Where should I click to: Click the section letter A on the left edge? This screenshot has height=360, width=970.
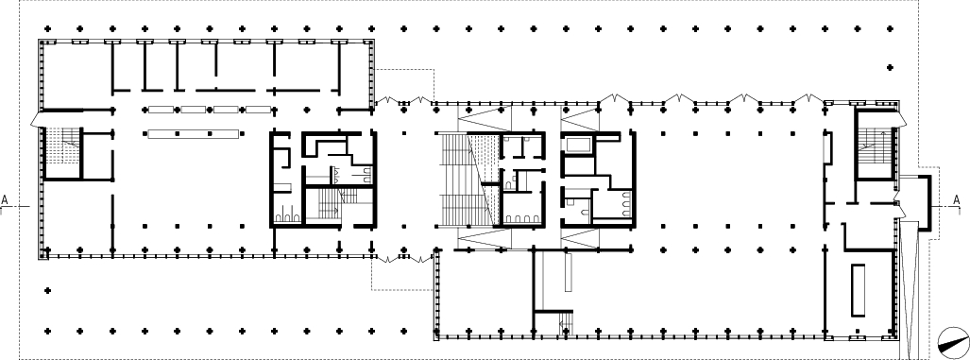coord(5,200)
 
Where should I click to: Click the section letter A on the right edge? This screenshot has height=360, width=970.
coord(957,200)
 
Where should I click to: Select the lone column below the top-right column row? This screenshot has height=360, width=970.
coord(890,67)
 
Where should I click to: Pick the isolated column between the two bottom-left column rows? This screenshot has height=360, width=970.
coord(47,290)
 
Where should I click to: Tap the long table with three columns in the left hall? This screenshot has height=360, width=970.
coord(194,133)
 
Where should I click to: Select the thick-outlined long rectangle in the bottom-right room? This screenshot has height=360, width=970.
coord(858,290)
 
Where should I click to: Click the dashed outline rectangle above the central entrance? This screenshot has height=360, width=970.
coord(405,85)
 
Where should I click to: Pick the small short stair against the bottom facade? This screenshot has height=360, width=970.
coord(564,324)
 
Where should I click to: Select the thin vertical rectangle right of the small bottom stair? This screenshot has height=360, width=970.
coord(569,273)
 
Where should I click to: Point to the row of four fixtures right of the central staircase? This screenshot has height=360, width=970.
coord(521,218)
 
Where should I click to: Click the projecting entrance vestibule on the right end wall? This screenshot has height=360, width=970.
coord(915,203)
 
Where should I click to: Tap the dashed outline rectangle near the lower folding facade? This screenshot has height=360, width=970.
coord(400,275)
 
